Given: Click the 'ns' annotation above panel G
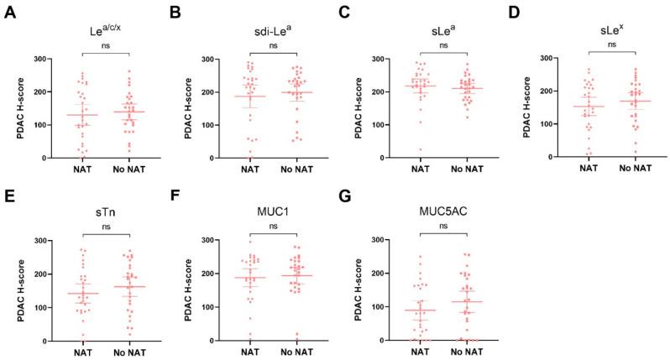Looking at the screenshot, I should click(436, 226).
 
